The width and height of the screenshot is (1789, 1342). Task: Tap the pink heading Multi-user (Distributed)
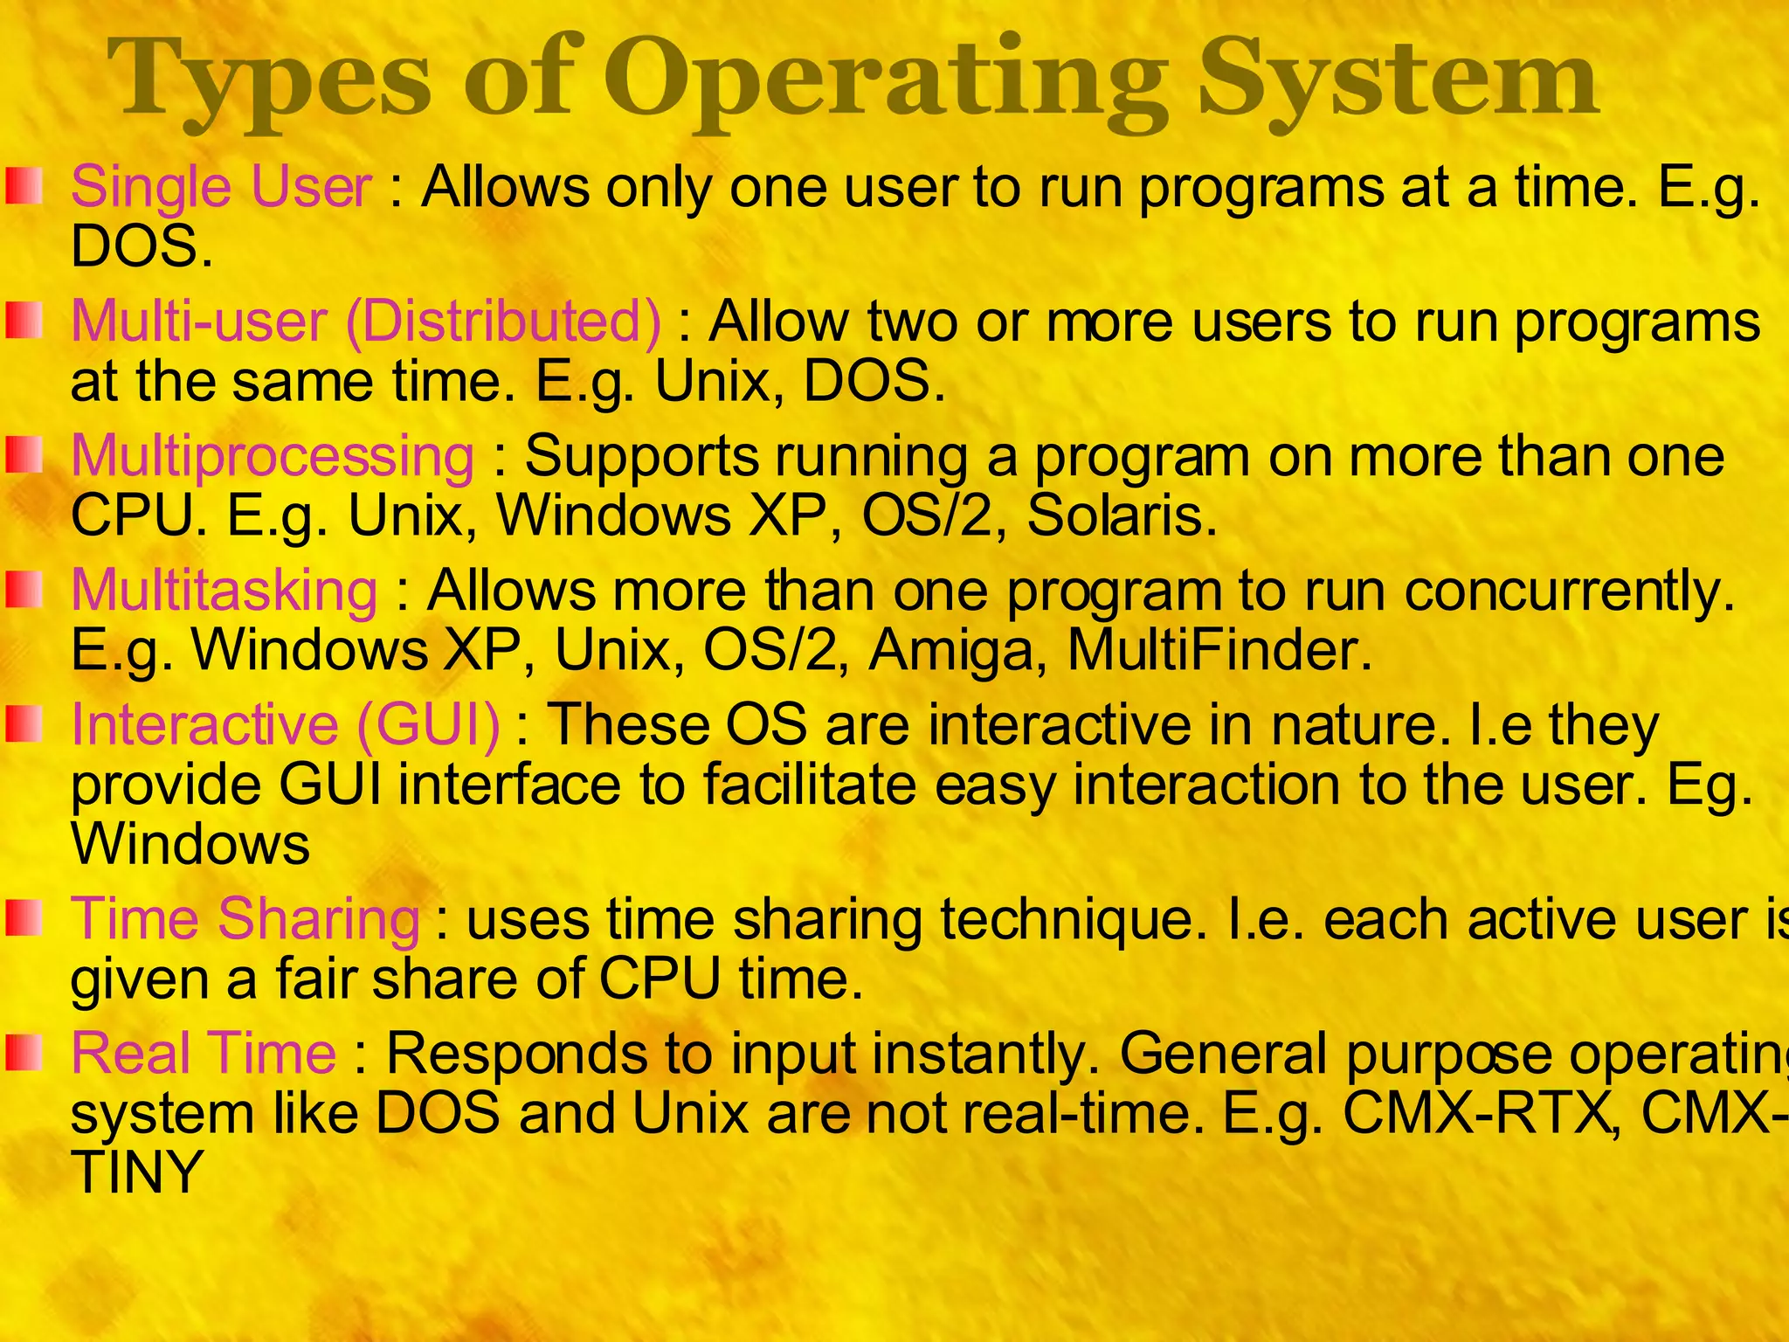click(x=366, y=321)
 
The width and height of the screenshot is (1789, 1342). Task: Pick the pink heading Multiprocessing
click(x=273, y=456)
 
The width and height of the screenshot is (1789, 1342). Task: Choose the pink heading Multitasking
click(x=224, y=590)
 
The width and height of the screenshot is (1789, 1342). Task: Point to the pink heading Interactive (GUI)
click(x=286, y=724)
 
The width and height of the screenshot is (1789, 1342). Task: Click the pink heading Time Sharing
click(x=245, y=919)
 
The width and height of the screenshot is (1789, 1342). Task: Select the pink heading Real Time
click(x=203, y=1053)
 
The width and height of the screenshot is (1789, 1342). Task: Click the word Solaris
click(x=1121, y=515)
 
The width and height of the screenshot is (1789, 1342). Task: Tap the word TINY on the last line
click(x=137, y=1173)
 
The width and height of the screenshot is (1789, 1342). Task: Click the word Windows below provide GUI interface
click(x=190, y=844)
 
